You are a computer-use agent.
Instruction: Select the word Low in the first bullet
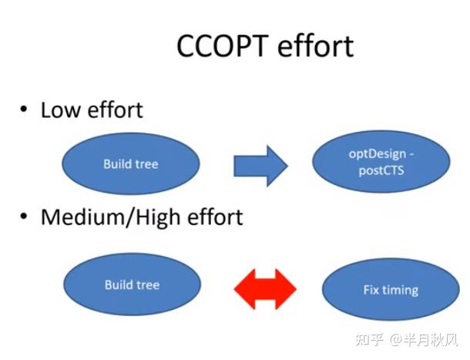(x=59, y=110)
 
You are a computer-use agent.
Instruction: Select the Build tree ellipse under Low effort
(x=130, y=163)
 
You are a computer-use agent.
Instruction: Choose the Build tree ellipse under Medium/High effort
(x=130, y=284)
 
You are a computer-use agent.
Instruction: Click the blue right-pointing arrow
(x=260, y=164)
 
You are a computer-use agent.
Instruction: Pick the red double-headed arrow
(x=264, y=289)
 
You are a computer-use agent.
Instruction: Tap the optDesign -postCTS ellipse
(x=381, y=164)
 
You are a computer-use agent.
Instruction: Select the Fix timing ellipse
(x=390, y=291)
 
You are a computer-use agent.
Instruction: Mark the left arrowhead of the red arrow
(x=243, y=289)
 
